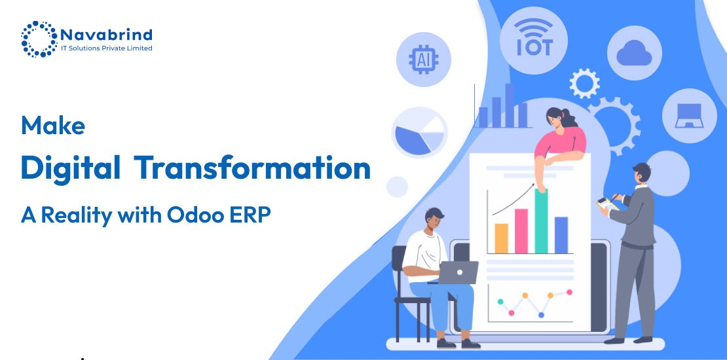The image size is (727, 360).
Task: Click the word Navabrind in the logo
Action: (106, 35)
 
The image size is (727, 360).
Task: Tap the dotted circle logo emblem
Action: (39, 39)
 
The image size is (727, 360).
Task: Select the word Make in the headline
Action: (53, 125)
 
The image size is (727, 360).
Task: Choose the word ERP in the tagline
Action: (254, 215)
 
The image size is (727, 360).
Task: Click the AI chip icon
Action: (423, 60)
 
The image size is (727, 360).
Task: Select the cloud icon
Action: (634, 52)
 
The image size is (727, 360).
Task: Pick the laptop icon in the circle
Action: (689, 115)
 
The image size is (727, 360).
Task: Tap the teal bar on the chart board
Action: (541, 221)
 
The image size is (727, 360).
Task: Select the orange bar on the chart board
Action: (501, 239)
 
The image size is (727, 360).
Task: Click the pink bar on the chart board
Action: (521, 231)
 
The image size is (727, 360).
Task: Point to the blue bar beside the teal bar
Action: (561, 235)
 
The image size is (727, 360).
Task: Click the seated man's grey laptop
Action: (458, 272)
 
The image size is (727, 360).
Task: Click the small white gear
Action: (584, 83)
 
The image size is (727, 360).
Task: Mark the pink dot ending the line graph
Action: (569, 292)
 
